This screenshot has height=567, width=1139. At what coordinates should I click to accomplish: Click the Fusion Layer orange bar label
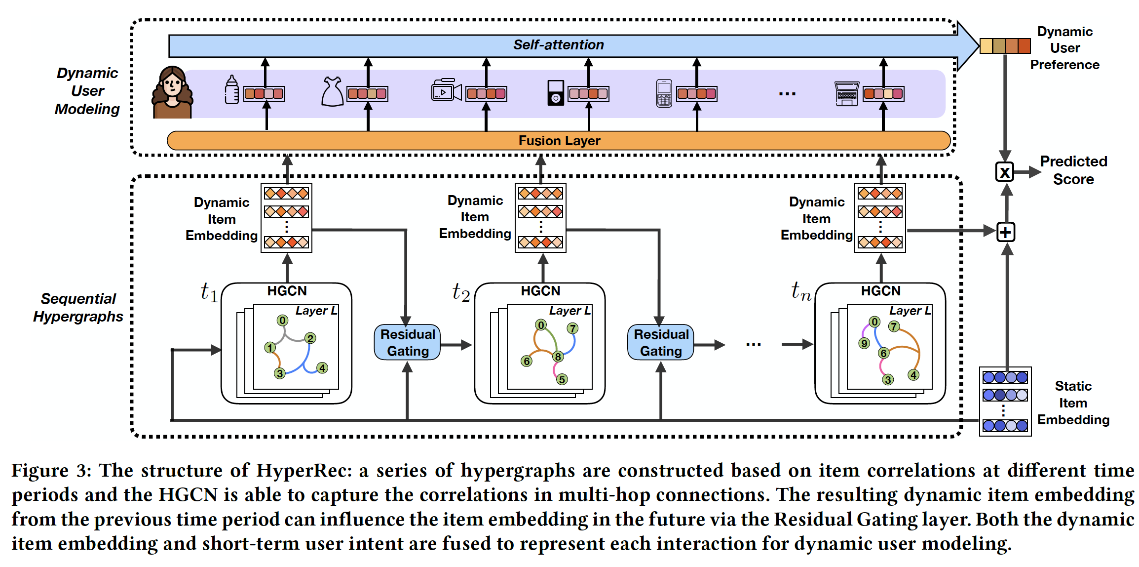tap(559, 141)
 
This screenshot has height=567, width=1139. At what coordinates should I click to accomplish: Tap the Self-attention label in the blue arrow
tap(558, 45)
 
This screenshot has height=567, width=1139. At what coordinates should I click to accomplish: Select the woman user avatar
tap(172, 92)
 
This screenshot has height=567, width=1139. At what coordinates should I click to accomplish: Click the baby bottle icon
tap(231, 90)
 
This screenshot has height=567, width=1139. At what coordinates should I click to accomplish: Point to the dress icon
tap(332, 91)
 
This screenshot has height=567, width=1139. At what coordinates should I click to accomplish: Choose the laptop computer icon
tap(847, 93)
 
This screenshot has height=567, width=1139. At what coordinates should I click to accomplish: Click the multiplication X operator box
tap(1005, 172)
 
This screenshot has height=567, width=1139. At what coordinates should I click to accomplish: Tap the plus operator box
tap(1006, 232)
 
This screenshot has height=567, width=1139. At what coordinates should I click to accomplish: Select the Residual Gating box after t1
tap(407, 342)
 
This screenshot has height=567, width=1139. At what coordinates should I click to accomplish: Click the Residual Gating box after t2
tap(661, 342)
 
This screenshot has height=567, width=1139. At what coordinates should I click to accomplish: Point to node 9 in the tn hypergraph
tap(864, 343)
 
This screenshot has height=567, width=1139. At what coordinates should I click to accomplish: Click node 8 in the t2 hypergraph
tap(558, 357)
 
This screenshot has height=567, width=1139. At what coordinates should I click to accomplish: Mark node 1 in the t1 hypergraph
tap(270, 348)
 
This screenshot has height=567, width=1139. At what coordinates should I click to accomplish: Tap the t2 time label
tap(460, 292)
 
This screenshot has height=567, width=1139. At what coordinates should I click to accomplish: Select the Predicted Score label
tap(1073, 170)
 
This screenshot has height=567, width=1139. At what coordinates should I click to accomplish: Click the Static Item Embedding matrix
tap(1005, 402)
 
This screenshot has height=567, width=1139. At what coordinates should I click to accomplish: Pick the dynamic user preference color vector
tap(1005, 46)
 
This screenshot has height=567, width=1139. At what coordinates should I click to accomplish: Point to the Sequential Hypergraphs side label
tap(78, 307)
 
